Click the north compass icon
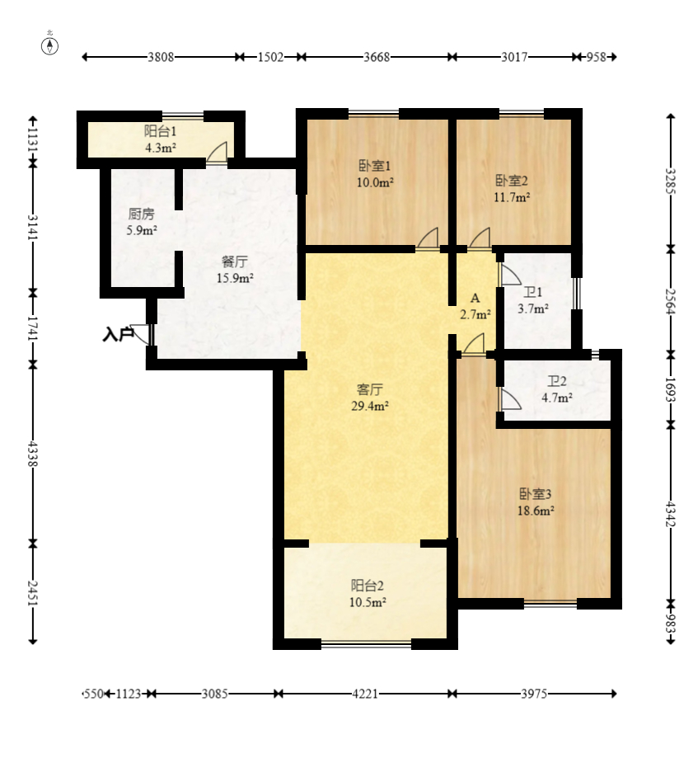click(x=50, y=45)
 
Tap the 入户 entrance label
click(x=119, y=334)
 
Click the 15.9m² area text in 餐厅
click(x=235, y=278)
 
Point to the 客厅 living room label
click(x=368, y=388)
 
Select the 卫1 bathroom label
click(x=534, y=292)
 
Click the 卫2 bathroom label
click(x=558, y=381)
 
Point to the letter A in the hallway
click(x=475, y=298)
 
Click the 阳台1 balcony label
click(x=160, y=130)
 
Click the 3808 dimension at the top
click(x=161, y=57)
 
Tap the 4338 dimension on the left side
click(x=32, y=453)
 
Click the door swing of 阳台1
click(x=218, y=153)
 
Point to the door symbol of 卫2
click(x=509, y=400)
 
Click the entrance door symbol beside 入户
click(x=143, y=334)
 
